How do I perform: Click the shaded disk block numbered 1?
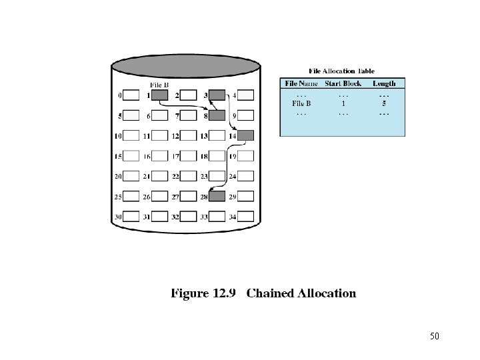point(159,95)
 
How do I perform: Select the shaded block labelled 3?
point(217,95)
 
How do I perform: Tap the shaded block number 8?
point(217,115)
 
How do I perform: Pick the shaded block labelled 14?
point(245,135)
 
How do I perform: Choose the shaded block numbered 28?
point(217,196)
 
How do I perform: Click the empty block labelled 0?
point(131,95)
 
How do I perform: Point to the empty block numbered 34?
point(245,216)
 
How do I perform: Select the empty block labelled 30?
point(131,216)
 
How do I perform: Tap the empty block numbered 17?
point(188,156)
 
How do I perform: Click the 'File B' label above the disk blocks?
point(159,85)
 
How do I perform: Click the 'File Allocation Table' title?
point(341,71)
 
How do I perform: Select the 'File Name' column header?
point(301,83)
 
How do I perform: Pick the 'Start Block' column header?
point(343,83)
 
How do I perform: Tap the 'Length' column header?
point(384,83)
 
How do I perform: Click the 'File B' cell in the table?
point(301,103)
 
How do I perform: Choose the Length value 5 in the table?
point(384,103)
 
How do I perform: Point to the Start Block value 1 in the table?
point(343,103)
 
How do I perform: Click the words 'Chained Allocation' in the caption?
point(301,293)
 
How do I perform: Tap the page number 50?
point(435,335)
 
